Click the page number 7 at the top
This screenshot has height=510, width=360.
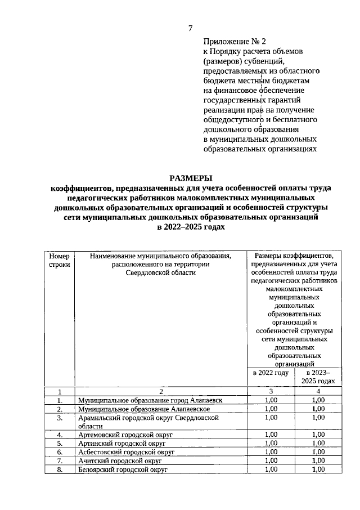(x=190, y=29)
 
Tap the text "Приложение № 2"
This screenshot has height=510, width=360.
(x=233, y=42)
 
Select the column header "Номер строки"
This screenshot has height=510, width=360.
(x=59, y=261)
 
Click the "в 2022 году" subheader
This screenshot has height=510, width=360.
(x=271, y=373)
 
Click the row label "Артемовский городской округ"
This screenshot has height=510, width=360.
(x=125, y=435)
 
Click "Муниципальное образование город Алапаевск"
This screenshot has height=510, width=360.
(x=150, y=400)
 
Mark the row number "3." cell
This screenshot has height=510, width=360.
(x=59, y=418)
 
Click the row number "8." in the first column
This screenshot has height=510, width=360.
(x=59, y=469)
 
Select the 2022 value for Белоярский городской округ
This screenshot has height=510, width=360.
(x=271, y=469)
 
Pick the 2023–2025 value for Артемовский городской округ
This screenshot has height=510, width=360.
(x=318, y=435)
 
